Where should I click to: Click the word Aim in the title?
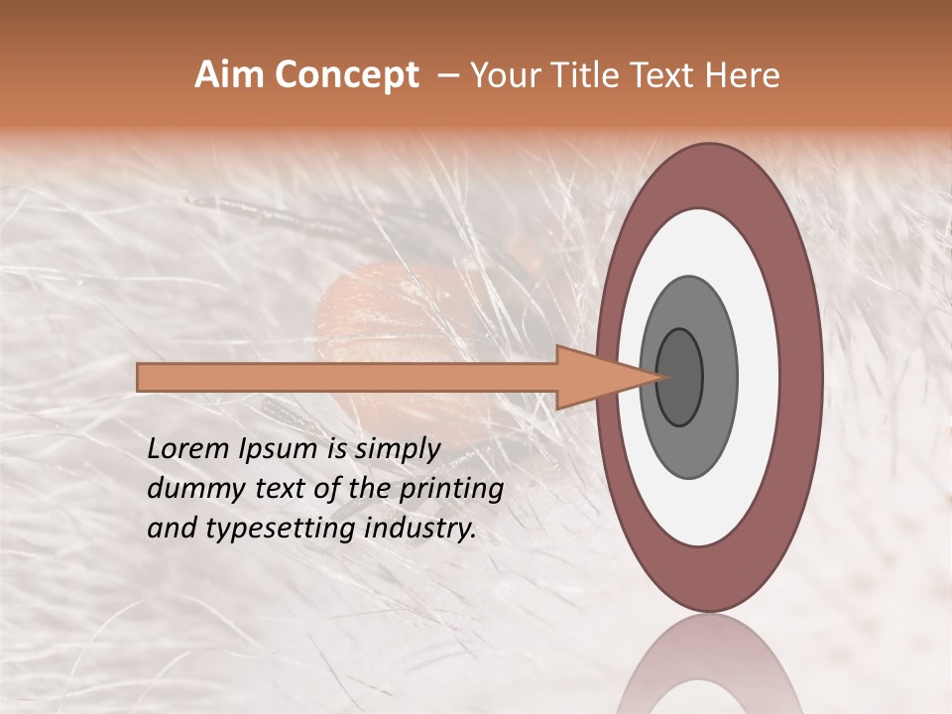point(229,75)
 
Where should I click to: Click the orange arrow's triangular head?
point(595,377)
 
